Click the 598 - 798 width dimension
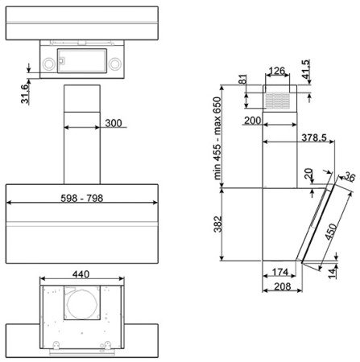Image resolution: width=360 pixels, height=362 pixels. click(81, 198)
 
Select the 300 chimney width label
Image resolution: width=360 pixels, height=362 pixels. click(114, 123)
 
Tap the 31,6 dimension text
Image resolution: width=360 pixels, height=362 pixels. click(25, 94)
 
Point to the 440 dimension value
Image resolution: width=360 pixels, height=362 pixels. click(81, 274)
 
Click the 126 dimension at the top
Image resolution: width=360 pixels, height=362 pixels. click(276, 71)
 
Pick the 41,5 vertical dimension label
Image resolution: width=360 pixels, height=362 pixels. click(305, 69)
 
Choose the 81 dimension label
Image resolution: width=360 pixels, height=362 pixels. click(242, 80)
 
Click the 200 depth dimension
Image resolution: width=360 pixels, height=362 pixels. click(252, 121)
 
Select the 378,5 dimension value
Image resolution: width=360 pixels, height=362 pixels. click(314, 138)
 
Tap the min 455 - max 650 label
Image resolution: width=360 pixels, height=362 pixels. click(217, 138)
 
